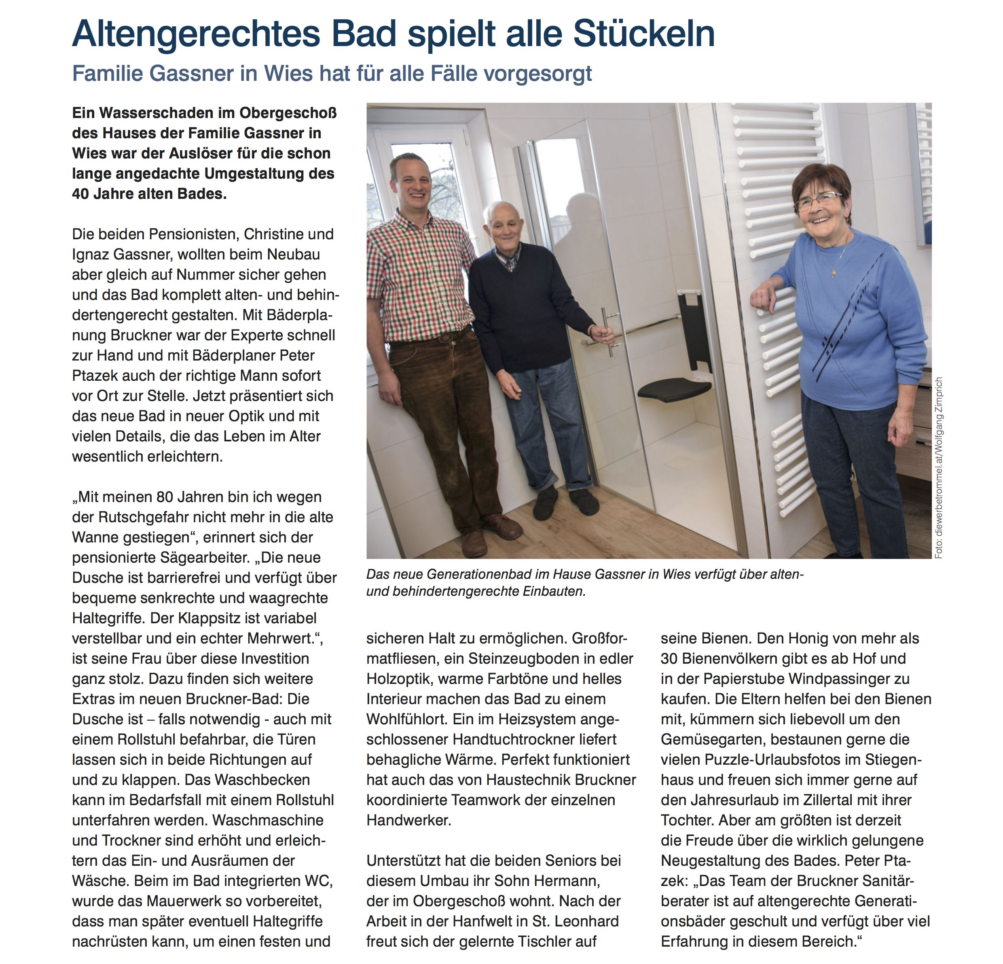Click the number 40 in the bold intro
coord(81,194)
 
